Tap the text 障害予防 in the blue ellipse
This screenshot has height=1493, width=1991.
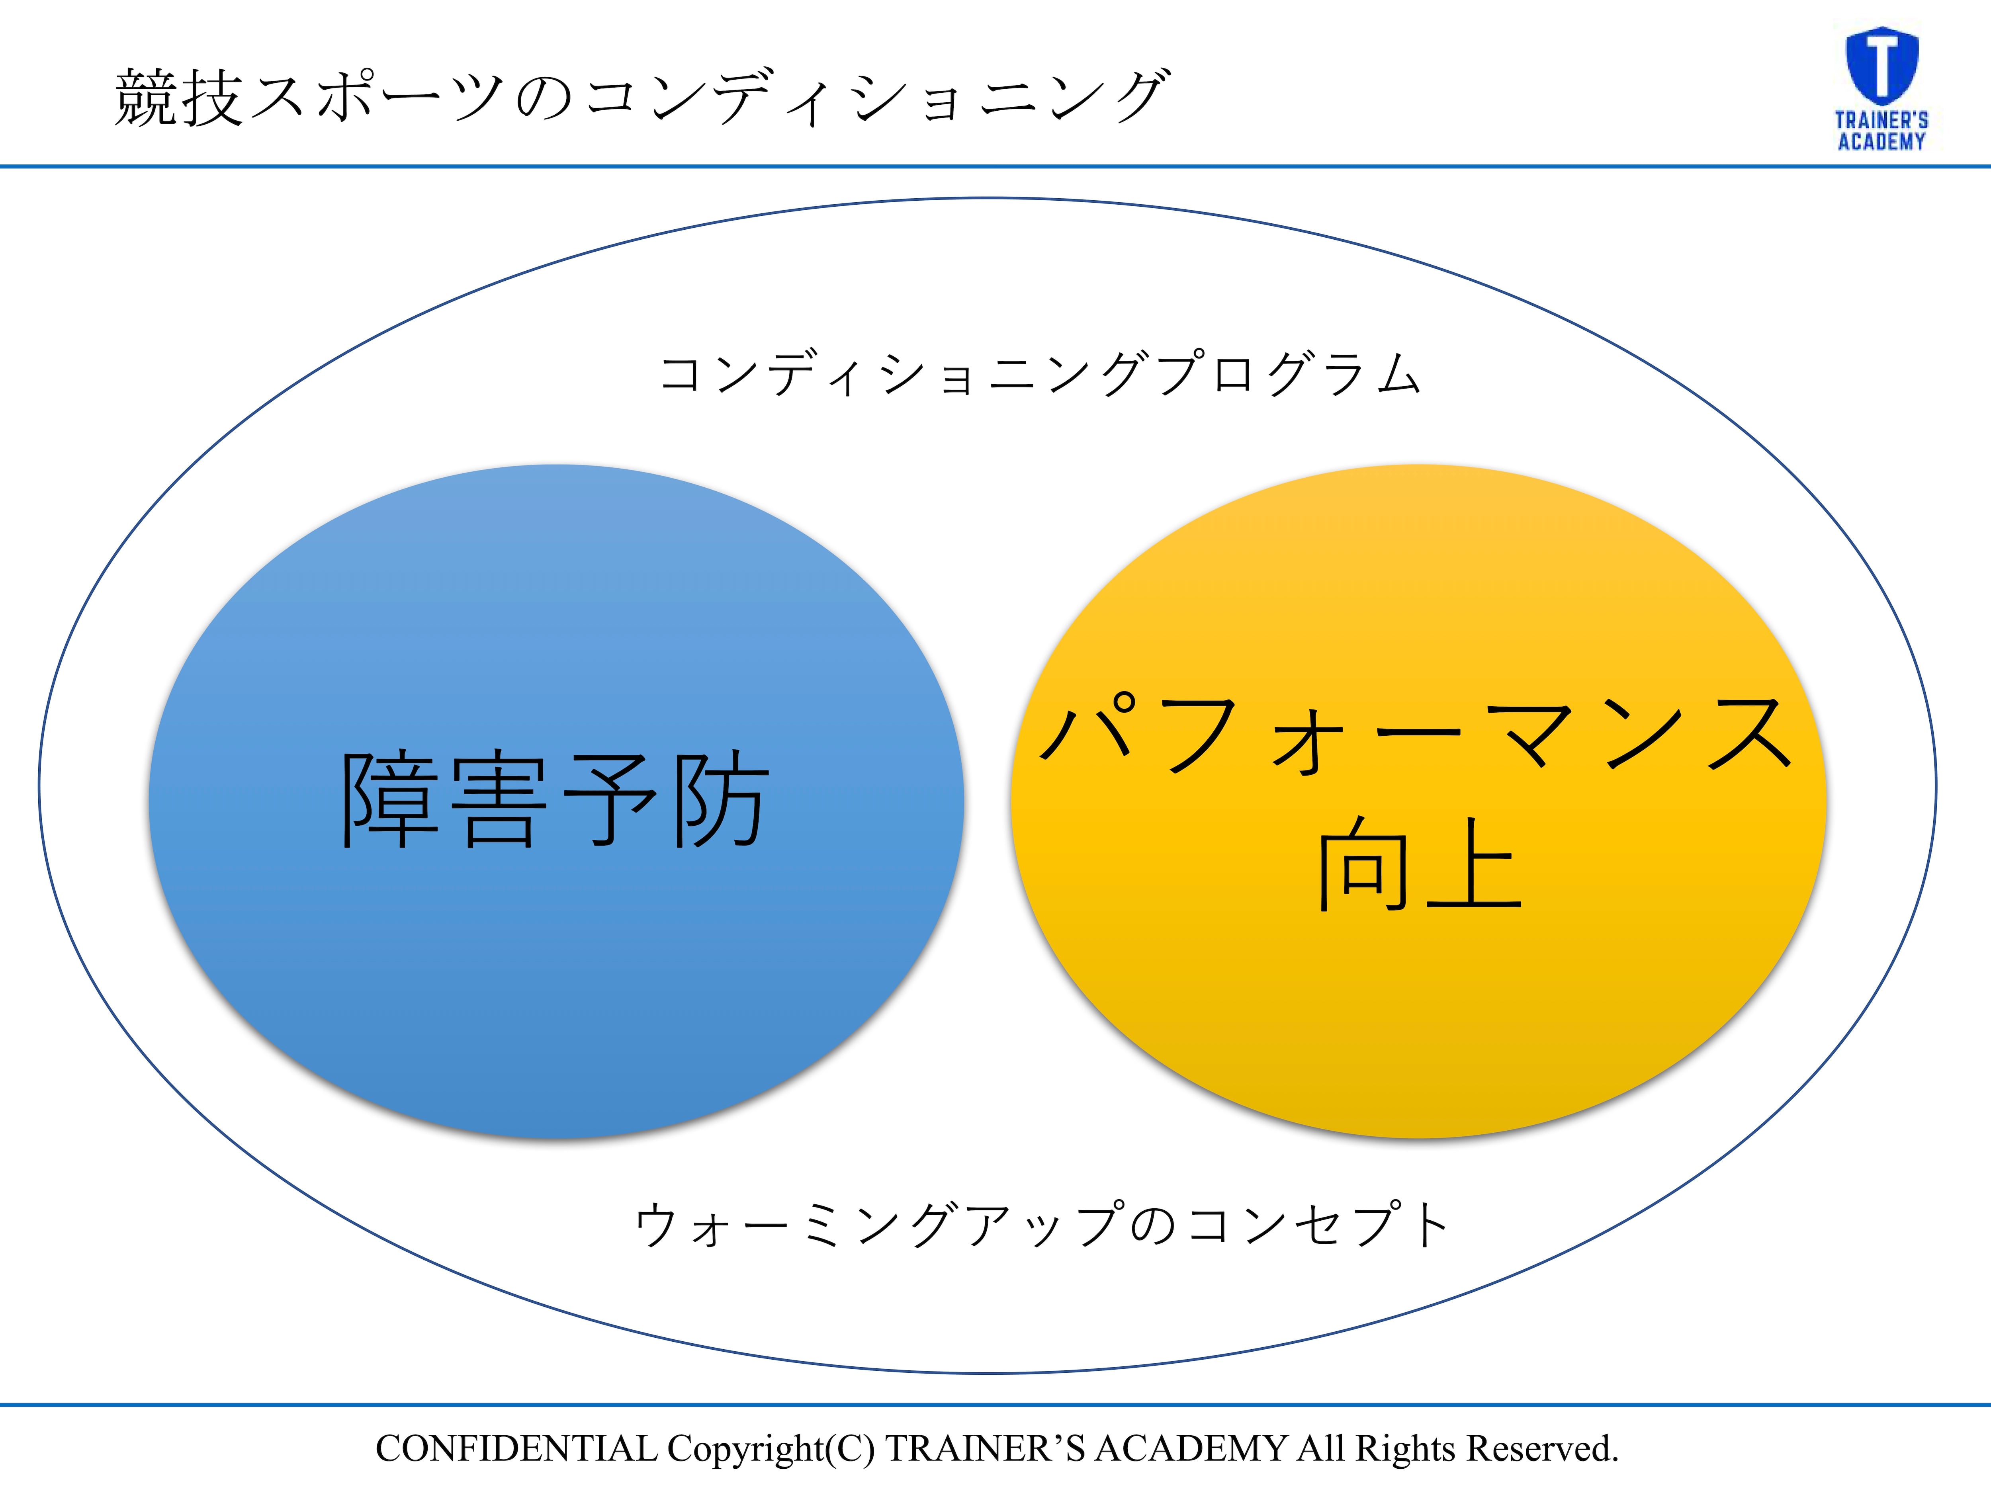click(x=555, y=799)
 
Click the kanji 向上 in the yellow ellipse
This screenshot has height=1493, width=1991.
click(x=1420, y=864)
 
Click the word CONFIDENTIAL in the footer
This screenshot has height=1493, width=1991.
click(x=516, y=1449)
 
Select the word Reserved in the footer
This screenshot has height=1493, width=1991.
click(x=1543, y=1449)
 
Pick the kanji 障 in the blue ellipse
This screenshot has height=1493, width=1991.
click(x=390, y=799)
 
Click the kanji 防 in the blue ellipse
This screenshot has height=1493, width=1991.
click(x=722, y=799)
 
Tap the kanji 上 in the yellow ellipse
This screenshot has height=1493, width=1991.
click(x=1473, y=864)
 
